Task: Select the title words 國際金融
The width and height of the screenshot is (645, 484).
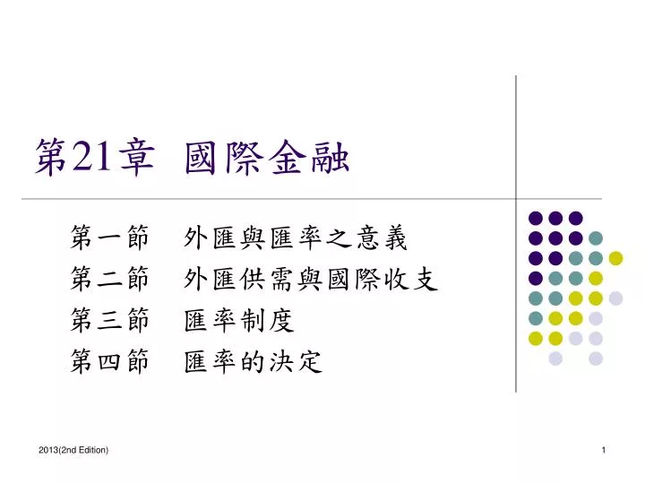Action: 266,159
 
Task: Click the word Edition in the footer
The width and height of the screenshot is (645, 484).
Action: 90,448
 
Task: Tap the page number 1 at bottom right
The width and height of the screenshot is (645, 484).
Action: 604,448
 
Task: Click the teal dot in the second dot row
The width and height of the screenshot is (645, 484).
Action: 596,238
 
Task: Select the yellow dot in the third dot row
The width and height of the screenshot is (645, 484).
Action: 615,258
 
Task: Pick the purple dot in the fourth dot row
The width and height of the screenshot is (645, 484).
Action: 536,278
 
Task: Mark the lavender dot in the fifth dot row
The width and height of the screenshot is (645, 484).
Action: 615,298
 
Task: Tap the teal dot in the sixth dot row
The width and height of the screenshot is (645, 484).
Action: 536,318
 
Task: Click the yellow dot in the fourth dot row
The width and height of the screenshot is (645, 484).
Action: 596,278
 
